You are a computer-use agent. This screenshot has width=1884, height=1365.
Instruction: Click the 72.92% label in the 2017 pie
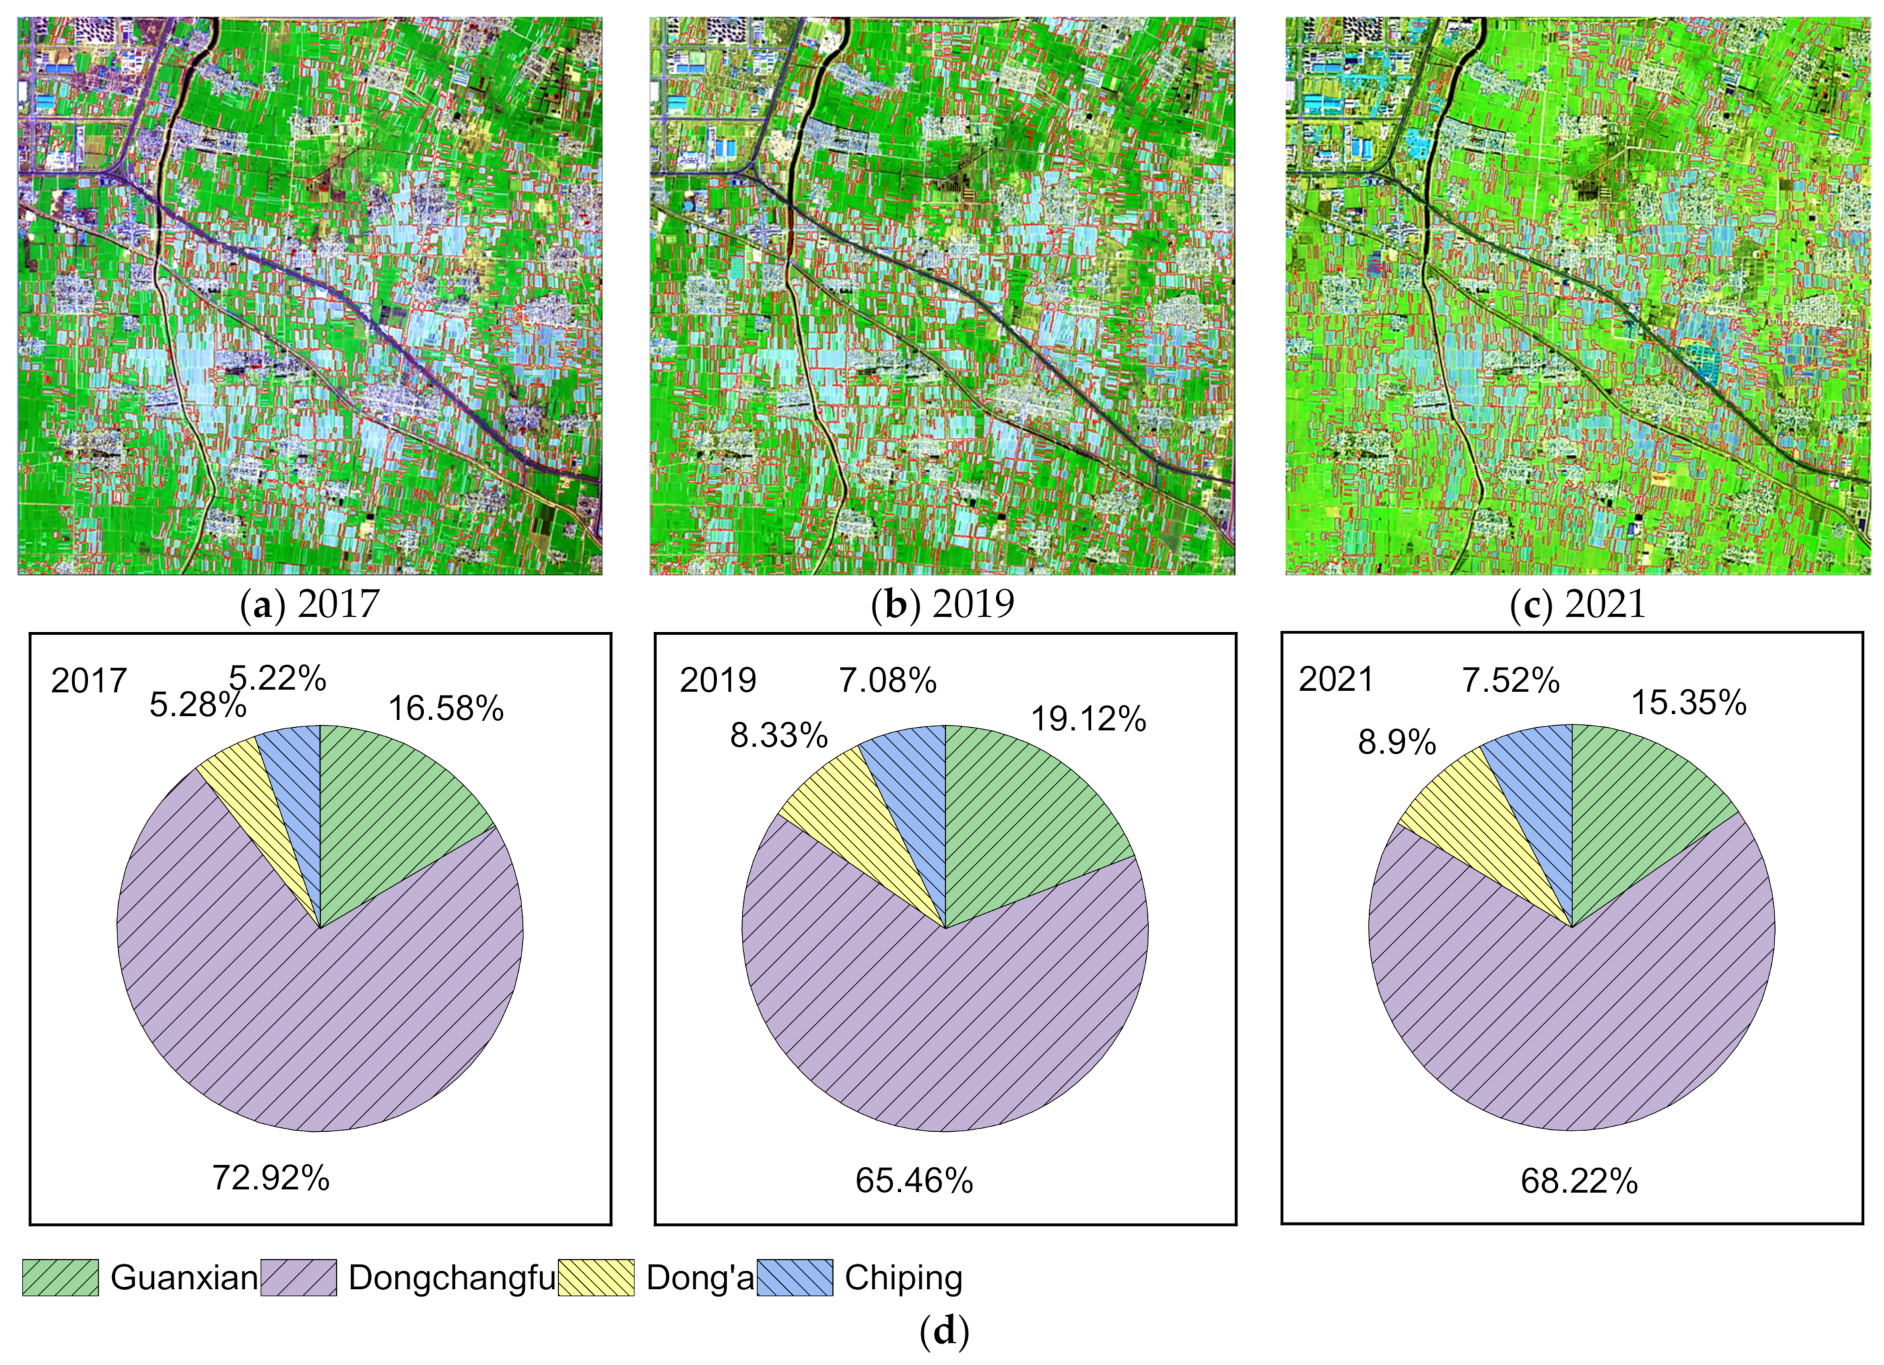click(271, 1178)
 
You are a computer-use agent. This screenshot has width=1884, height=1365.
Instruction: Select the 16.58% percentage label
click(446, 709)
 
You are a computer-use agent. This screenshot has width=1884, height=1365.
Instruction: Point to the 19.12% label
click(1088, 719)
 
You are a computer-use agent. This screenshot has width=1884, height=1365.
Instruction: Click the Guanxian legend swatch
click(60, 1278)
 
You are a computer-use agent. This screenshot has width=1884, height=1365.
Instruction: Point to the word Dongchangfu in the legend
click(451, 1278)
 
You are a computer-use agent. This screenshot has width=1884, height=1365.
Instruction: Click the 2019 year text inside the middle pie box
click(718, 680)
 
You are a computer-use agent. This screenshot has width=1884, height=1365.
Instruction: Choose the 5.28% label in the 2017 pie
click(197, 705)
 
